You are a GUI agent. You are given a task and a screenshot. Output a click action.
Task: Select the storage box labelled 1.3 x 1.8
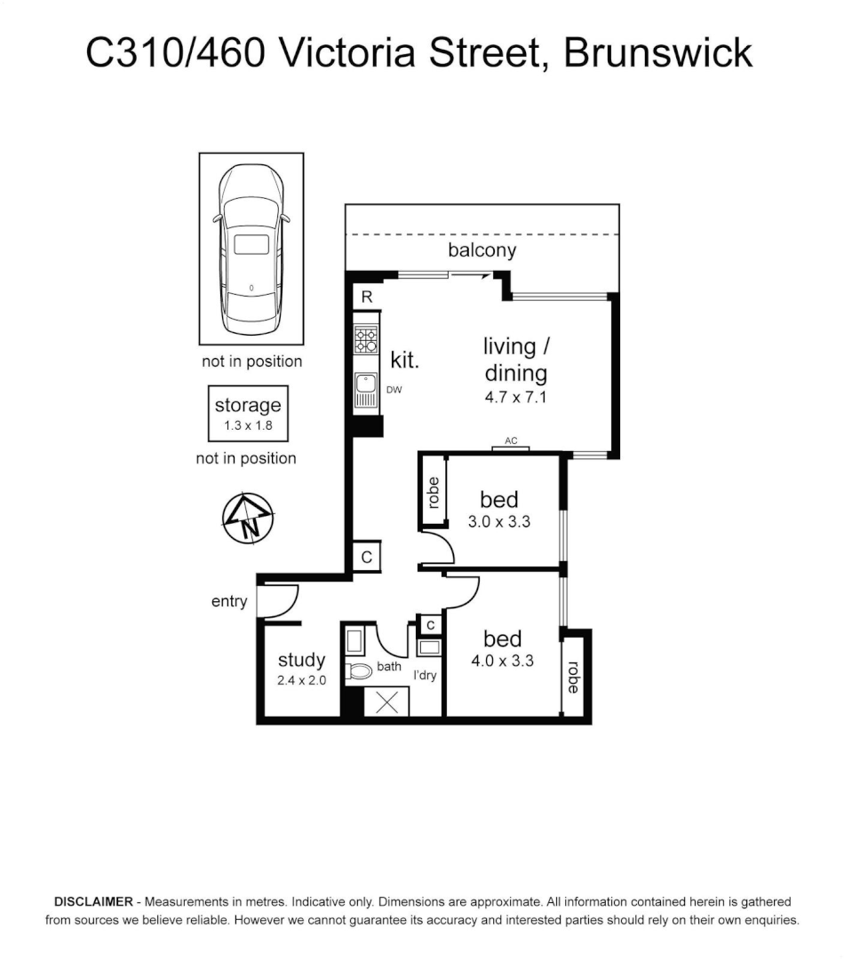click(248, 414)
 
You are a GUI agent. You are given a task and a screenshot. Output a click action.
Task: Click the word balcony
click(482, 250)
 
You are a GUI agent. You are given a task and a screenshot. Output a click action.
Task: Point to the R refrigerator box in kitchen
click(366, 297)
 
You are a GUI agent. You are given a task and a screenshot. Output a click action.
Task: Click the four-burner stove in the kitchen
click(366, 341)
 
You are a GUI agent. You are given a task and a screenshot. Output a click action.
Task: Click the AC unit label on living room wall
click(511, 441)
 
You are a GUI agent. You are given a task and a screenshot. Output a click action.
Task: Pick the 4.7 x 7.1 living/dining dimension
click(515, 397)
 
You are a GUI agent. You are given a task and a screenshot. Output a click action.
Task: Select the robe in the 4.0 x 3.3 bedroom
click(573, 678)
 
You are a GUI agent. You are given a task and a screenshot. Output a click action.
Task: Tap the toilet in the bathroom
click(360, 671)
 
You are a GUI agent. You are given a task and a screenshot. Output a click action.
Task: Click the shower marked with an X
click(388, 701)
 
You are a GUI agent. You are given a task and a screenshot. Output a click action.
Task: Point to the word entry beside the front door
click(229, 602)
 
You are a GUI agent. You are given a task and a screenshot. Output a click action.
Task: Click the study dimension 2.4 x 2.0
click(302, 681)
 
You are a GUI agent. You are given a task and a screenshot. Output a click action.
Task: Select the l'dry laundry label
click(426, 676)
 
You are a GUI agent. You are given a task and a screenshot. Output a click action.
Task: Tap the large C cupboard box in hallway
click(366, 557)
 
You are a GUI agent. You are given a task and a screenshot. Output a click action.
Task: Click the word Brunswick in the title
click(658, 53)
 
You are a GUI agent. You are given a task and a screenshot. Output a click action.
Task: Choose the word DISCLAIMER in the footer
click(93, 900)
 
